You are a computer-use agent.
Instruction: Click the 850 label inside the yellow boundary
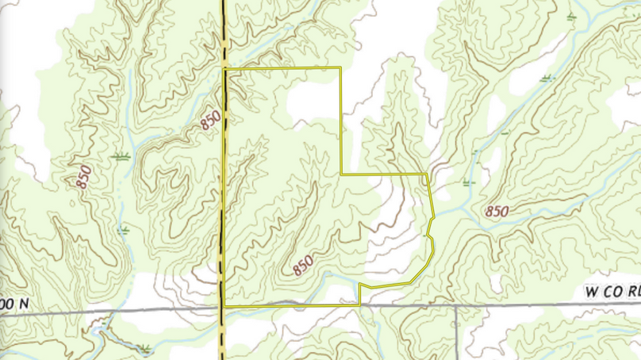(302, 265)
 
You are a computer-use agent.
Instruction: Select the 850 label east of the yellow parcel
(497, 212)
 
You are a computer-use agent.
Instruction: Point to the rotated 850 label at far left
(84, 176)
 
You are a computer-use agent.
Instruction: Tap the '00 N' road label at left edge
(14, 303)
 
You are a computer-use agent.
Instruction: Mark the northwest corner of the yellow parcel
(225, 70)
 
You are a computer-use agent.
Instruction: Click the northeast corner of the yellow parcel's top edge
(340, 69)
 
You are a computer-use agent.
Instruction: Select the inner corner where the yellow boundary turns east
(341, 174)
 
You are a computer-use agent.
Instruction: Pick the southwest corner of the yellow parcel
(225, 305)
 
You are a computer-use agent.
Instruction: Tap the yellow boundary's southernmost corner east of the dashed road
(360, 304)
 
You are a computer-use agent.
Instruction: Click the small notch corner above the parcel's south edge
(360, 285)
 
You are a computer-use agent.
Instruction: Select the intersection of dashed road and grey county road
(221, 307)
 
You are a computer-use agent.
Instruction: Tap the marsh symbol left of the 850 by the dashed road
(121, 157)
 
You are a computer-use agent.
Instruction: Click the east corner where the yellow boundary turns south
(427, 174)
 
